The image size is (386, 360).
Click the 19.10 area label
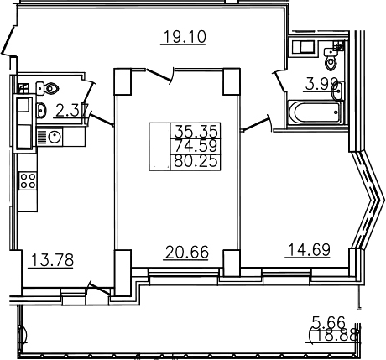[x=185, y=37]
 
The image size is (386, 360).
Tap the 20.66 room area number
[x=187, y=252]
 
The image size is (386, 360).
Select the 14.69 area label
[x=309, y=250]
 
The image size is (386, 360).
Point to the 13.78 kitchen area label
[x=52, y=260]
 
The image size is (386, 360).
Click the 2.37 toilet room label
[x=72, y=111]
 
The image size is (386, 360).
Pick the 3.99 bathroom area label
[x=322, y=84]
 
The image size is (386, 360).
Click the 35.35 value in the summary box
[x=196, y=131]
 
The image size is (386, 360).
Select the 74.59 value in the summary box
[x=196, y=146]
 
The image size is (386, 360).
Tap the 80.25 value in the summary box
[x=196, y=161]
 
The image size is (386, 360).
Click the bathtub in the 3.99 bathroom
[x=316, y=112]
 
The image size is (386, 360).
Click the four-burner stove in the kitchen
[x=28, y=181]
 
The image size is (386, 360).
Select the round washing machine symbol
[x=55, y=137]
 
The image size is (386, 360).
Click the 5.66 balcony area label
[x=329, y=322]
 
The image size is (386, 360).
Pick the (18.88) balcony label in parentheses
[x=335, y=335]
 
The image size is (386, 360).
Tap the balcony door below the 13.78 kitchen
[x=98, y=289]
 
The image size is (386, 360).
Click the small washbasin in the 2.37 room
[x=41, y=111]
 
